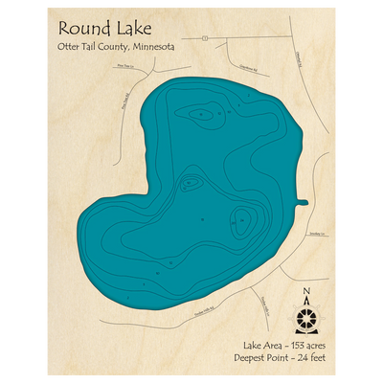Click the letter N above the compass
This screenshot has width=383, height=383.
coord(305,292)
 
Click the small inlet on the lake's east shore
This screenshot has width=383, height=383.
coord(303,202)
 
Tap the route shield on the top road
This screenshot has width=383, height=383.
coord(207,38)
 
